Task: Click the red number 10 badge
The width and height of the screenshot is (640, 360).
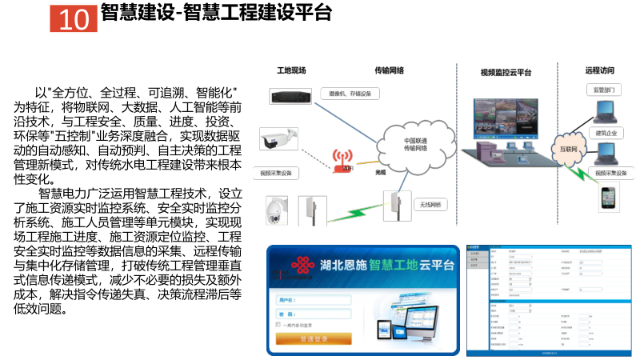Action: (73, 18)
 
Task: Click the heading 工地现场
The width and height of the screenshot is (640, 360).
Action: (291, 70)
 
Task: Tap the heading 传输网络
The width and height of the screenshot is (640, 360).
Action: (393, 70)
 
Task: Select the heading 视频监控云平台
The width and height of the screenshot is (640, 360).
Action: (506, 73)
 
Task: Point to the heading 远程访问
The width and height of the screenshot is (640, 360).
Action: (599, 70)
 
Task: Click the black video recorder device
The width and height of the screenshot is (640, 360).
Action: (285, 98)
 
